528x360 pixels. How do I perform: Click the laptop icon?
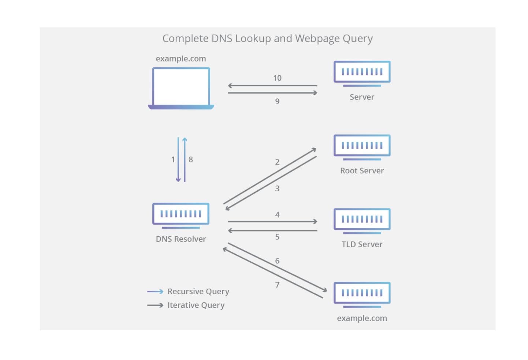pos(181,88)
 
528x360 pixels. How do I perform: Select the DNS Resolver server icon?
pos(181,215)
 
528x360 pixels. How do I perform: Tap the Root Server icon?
pos(362,147)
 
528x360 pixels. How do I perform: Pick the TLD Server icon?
pos(362,220)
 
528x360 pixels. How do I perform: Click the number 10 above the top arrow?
pos(277,78)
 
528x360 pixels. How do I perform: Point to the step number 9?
pos(277,101)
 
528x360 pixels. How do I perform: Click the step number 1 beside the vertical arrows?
pos(173,160)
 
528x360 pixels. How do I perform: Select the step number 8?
pos(191,160)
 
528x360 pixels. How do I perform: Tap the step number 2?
pos(277,162)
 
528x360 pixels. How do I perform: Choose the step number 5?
pos(277,237)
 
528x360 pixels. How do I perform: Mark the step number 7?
pos(277,285)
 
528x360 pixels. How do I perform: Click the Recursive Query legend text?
pos(198,292)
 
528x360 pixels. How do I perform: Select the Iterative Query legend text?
pos(196,305)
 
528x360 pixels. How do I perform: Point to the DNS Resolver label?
pos(181,239)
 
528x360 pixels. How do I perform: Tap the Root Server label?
pos(362,170)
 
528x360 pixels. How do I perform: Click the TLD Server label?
pos(362,244)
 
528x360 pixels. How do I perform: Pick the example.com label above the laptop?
pos(181,59)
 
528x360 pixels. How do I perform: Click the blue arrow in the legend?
pos(155,292)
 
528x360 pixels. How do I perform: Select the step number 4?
pos(277,215)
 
